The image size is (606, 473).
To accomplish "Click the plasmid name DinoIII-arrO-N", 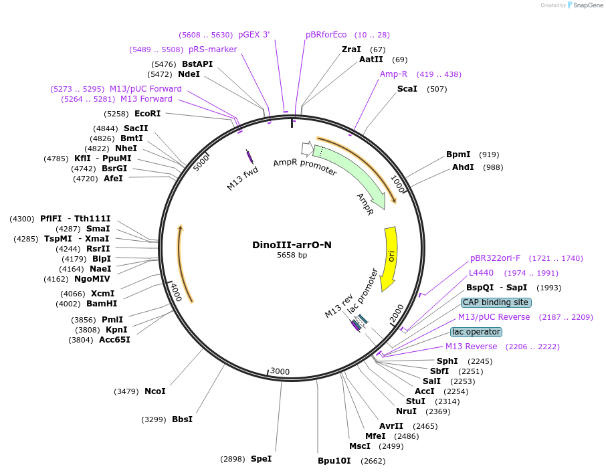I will tap(292, 245).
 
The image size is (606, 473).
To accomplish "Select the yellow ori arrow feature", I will tap(389, 258).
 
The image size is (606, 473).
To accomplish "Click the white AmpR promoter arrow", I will tap(307, 148).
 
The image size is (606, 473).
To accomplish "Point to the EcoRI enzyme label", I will tap(147, 114).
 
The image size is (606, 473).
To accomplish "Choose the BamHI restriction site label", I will tap(102, 304).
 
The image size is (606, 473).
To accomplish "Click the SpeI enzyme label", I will tap(261, 459).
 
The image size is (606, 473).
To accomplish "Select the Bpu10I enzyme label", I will tap(334, 461).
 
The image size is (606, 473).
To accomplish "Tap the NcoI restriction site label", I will tap(155, 391).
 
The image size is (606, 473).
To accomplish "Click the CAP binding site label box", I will tap(496, 302).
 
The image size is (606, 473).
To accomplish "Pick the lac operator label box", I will tap(476, 332).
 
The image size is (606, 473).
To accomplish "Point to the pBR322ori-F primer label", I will tap(495, 258).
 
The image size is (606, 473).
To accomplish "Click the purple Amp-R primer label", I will tap(393, 74).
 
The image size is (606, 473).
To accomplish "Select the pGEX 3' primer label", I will tap(254, 35).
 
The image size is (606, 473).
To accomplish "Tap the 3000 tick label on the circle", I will tap(280, 372).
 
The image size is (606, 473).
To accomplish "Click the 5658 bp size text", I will tap(292, 255).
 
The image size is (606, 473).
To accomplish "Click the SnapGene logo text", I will tap(585, 5).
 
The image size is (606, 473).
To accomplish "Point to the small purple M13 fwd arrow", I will tap(249, 157).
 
